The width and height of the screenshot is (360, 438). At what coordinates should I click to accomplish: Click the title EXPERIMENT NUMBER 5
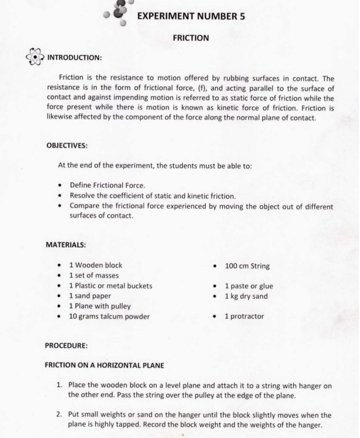click(191, 16)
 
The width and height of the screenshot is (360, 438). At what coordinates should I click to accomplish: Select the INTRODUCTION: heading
click(82, 57)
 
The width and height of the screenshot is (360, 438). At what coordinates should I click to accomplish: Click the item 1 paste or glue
click(249, 286)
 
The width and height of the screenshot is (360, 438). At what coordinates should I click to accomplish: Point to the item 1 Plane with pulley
click(100, 306)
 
